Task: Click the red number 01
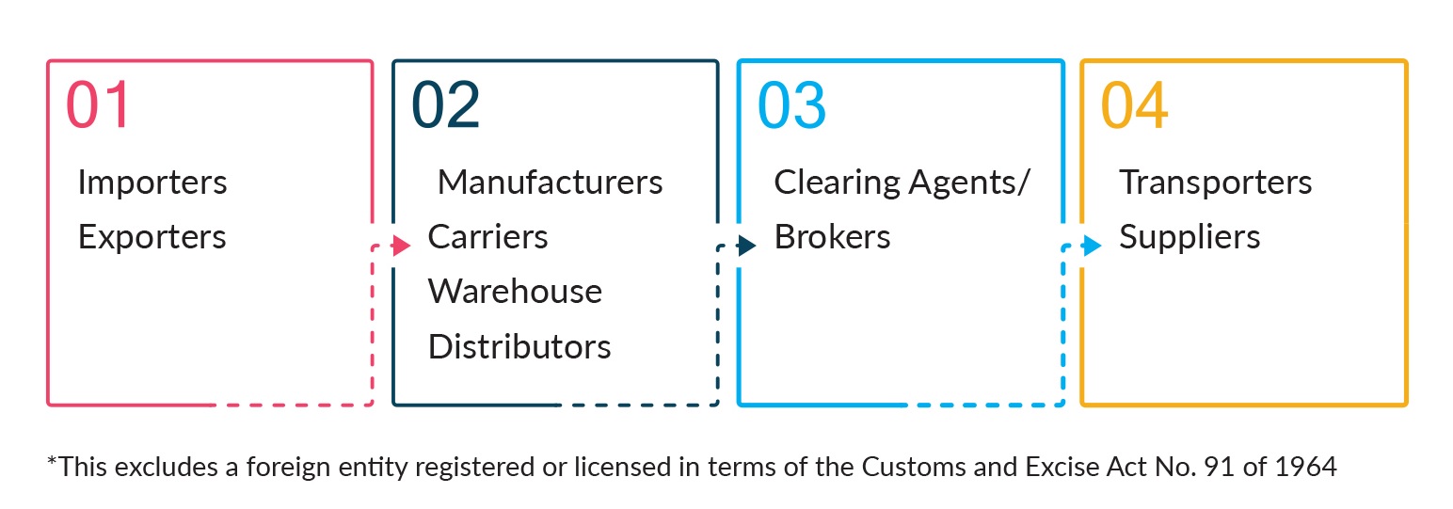98,104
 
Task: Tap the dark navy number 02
446,104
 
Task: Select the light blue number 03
791,104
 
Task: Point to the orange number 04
1135,104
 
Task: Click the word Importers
152,183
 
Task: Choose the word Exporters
152,237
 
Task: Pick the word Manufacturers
551,182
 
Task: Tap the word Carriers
487,237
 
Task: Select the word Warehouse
515,291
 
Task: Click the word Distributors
519,346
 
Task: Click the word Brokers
832,237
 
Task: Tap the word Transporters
1216,183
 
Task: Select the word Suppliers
1190,237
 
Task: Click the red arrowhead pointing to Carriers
402,246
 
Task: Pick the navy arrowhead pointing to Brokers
747,246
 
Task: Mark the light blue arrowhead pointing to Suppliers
1093,246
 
